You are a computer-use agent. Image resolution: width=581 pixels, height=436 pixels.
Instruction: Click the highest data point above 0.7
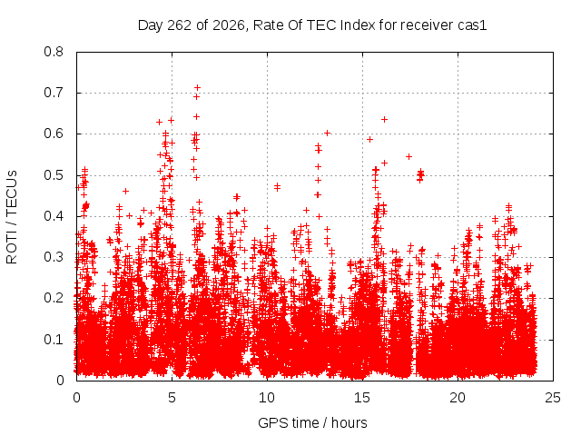click(198, 88)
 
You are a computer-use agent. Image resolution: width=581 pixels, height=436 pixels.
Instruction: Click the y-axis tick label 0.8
click(54, 52)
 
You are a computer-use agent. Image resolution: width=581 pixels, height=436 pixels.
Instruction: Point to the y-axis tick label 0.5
click(54, 175)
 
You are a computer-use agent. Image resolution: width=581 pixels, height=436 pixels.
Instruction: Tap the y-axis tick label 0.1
click(54, 339)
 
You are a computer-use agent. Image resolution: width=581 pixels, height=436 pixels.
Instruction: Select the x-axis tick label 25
click(553, 398)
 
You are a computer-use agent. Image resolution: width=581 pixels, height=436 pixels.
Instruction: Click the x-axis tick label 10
click(267, 398)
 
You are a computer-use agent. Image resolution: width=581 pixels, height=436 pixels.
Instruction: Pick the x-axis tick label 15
click(362, 398)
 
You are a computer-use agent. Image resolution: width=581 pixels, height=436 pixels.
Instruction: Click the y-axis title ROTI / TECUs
click(12, 217)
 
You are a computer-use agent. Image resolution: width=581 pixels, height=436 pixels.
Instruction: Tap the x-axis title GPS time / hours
click(312, 422)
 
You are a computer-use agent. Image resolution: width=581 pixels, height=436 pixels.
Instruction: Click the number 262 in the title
click(180, 25)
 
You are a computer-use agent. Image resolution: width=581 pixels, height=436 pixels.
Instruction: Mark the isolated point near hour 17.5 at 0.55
click(409, 157)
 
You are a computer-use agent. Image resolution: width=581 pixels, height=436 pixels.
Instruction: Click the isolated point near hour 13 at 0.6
click(327, 134)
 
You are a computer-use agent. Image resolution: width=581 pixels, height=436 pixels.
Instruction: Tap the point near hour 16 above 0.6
click(385, 119)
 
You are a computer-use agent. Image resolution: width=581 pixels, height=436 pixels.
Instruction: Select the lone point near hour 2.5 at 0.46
click(126, 192)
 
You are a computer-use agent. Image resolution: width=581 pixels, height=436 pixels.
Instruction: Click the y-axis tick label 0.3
click(54, 257)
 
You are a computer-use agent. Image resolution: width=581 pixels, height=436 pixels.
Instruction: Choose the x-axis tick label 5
click(172, 398)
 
